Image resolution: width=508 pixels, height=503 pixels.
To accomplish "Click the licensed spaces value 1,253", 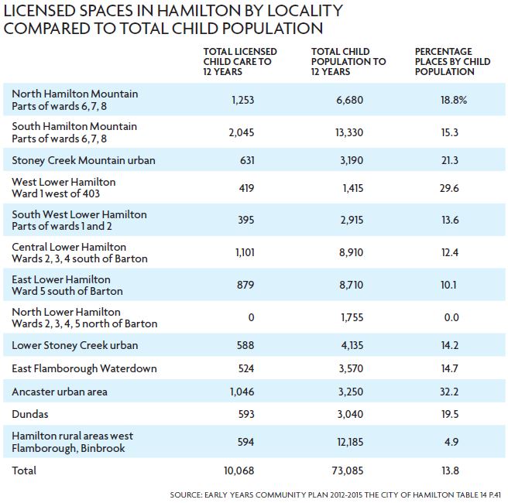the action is click(242, 100).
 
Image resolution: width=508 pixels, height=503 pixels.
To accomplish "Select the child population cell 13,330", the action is click(349, 132).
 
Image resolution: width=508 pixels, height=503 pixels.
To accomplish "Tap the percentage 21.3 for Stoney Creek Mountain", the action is click(450, 160).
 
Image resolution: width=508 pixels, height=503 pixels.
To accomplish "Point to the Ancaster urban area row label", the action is click(60, 392).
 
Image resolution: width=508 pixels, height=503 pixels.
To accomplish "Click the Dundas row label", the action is click(29, 414).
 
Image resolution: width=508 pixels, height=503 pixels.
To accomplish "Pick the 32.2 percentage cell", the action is click(449, 392).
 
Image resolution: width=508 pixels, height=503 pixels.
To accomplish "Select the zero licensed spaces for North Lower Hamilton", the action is click(251, 317).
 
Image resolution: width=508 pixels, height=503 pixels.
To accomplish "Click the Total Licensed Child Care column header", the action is click(240, 61).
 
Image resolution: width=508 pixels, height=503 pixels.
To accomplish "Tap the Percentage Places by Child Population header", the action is click(452, 61).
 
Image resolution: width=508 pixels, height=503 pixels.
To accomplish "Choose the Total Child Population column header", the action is click(348, 61).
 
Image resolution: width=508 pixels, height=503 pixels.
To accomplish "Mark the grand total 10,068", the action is click(239, 470).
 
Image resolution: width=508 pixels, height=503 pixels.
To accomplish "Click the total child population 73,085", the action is click(348, 470).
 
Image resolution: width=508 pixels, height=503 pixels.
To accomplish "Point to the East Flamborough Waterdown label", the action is click(84, 368).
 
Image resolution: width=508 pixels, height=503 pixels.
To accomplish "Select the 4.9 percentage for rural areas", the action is click(451, 442).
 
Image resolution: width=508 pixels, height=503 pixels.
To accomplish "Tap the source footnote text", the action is click(335, 495).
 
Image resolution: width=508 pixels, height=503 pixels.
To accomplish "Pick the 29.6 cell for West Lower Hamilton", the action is click(449, 188).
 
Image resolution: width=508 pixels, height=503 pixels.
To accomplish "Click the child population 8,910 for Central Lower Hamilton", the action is click(351, 252).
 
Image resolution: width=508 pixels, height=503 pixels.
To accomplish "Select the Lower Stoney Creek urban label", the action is click(75, 345).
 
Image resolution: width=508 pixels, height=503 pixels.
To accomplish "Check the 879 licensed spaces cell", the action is click(245, 285).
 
